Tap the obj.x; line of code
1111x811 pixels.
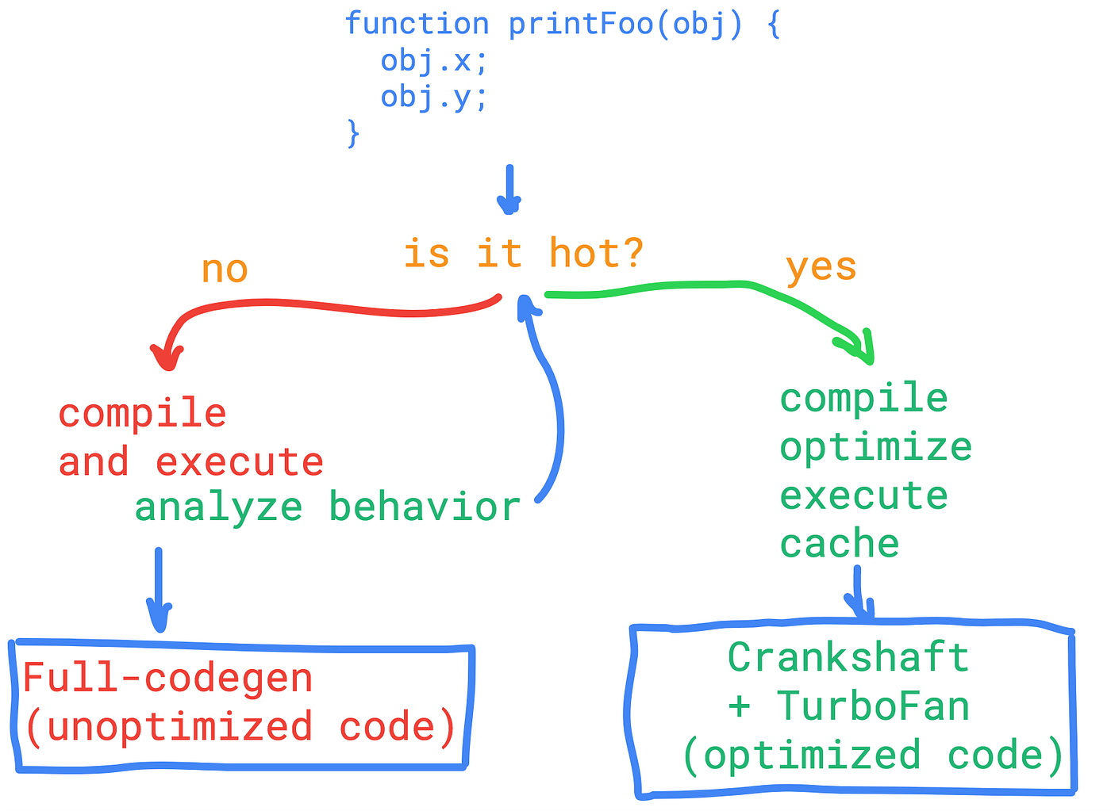(x=433, y=61)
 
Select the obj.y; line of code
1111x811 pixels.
(x=433, y=98)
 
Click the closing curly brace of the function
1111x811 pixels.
(x=353, y=132)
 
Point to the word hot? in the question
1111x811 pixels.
(x=596, y=254)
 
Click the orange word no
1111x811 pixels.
(x=225, y=270)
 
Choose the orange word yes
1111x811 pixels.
(x=821, y=266)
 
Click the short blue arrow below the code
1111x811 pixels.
(x=509, y=190)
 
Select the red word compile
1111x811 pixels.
(x=143, y=414)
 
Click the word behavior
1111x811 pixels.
(x=425, y=507)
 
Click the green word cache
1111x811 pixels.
(x=839, y=545)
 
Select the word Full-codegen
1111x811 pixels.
(x=167, y=679)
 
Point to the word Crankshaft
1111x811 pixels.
(x=848, y=657)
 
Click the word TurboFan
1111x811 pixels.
(x=872, y=706)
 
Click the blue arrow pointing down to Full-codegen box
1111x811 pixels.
(x=159, y=591)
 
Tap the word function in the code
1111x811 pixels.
(x=417, y=24)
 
